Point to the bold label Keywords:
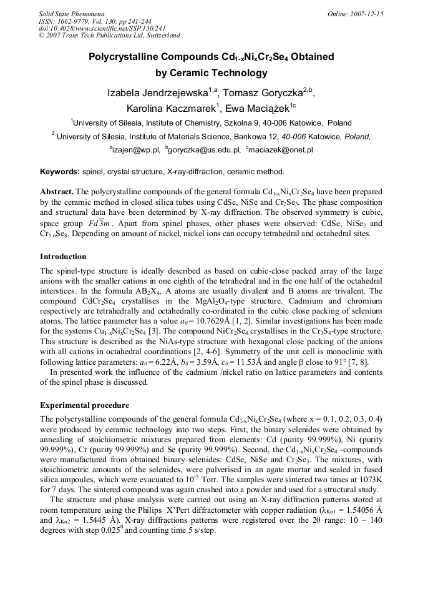[59, 171]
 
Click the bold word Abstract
[56, 191]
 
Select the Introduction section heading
[63, 257]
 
